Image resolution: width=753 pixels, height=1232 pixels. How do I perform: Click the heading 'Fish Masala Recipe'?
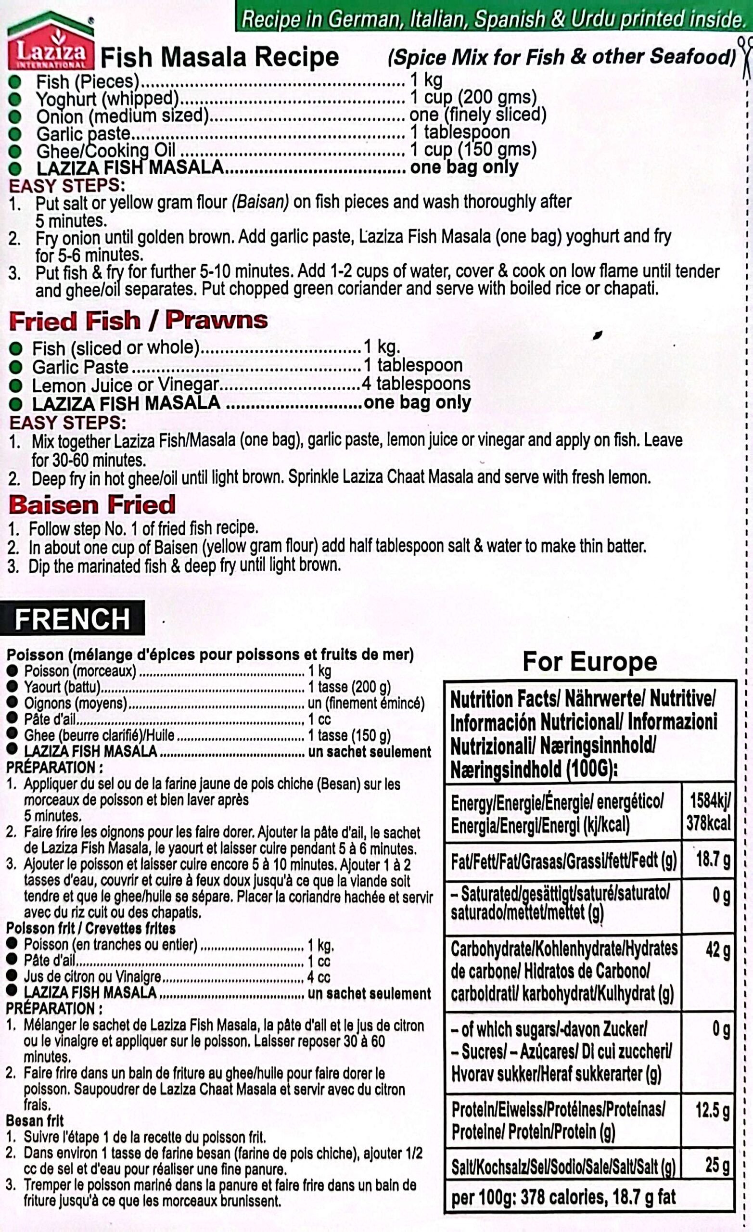(219, 57)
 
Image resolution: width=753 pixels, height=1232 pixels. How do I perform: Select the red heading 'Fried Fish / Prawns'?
(138, 321)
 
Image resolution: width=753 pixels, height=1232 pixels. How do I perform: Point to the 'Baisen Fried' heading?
(92, 504)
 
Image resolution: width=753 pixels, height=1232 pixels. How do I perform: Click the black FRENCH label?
(73, 618)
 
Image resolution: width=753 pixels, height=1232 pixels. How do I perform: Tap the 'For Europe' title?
(589, 662)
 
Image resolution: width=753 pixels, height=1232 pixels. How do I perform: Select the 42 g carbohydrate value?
(718, 950)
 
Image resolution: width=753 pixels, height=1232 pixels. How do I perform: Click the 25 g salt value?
(717, 1165)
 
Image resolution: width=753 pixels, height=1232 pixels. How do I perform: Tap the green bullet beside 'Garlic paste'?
(15, 133)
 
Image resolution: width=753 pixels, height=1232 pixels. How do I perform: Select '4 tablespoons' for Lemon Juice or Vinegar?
(416, 384)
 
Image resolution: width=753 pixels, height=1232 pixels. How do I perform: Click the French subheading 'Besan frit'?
(35, 1120)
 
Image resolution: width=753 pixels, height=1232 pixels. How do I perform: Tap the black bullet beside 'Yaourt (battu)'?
(13, 687)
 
